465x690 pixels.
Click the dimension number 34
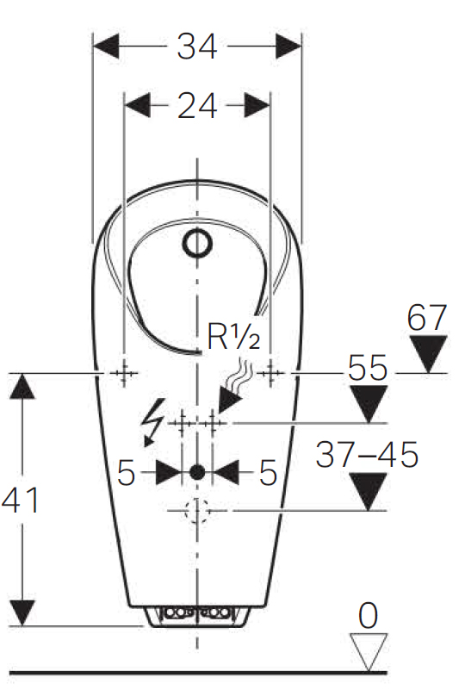pos(197,47)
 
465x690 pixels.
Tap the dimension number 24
pos(197,106)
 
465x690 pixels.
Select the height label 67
pos(427,317)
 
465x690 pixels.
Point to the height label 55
pos(368,368)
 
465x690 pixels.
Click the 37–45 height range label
pos(367,455)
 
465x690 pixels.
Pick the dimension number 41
pos(21,500)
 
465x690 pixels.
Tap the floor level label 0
pos(369,615)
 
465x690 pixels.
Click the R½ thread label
pos(233,337)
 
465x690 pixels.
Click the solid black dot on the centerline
pos(197,472)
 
